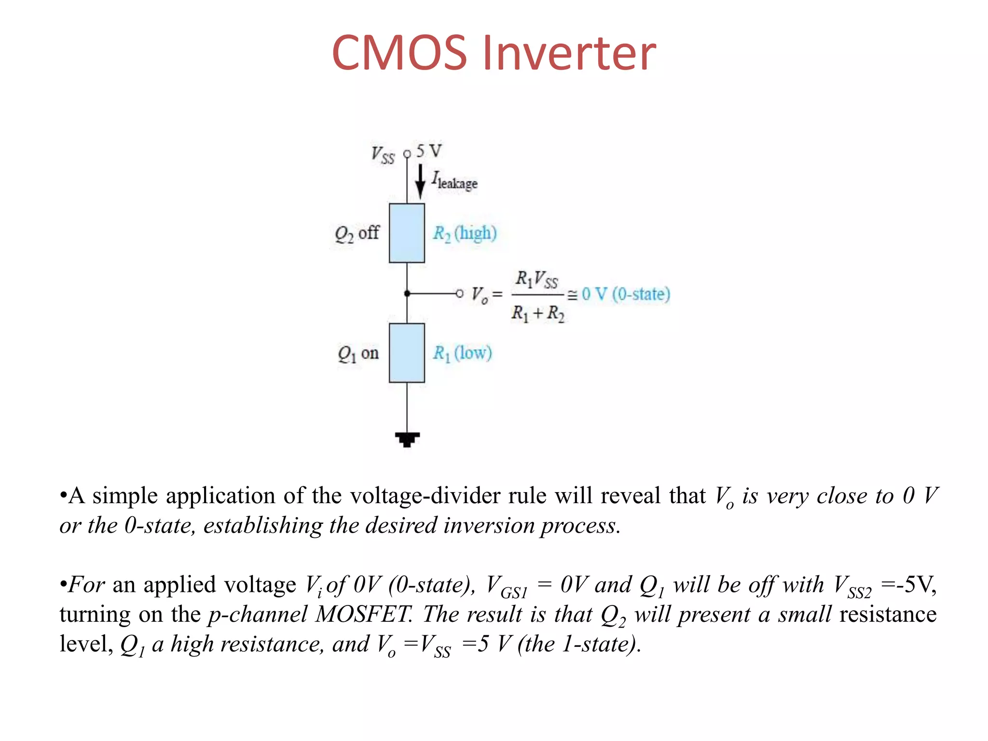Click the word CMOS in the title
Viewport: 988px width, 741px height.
click(399, 53)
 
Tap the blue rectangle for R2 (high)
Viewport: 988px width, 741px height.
click(407, 233)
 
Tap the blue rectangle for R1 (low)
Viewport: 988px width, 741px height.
click(407, 353)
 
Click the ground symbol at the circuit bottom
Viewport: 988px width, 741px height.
click(407, 439)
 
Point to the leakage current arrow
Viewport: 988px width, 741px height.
click(420, 182)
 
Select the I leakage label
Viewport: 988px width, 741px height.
click(454, 181)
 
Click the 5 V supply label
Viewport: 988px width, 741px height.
click(429, 151)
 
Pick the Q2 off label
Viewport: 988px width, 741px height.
click(357, 233)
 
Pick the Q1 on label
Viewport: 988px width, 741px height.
click(358, 354)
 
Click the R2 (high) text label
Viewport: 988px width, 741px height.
click(465, 233)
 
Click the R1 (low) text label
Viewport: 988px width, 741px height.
click(462, 353)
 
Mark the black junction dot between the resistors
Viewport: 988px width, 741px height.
click(407, 293)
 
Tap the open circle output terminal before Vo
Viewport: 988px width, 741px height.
click(459, 293)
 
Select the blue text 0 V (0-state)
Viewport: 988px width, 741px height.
click(626, 294)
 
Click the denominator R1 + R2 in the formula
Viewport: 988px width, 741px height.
click(537, 314)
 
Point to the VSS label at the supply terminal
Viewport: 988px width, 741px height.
click(383, 155)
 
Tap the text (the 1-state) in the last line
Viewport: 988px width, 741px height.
click(579, 644)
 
